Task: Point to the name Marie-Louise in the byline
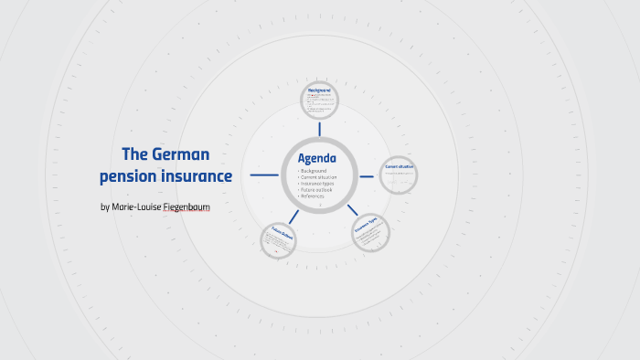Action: point(131,206)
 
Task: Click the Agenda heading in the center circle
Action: point(317,158)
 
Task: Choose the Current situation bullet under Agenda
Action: point(318,177)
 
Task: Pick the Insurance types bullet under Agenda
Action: point(316,184)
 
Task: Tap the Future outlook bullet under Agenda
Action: point(315,190)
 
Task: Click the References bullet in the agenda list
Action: point(313,196)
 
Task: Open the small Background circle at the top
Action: point(319,101)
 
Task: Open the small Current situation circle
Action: point(399,174)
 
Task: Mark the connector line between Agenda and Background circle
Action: point(319,129)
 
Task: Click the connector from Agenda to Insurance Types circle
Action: point(352,211)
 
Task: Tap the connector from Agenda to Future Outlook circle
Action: point(293,217)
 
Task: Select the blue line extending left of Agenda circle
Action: point(264,175)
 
